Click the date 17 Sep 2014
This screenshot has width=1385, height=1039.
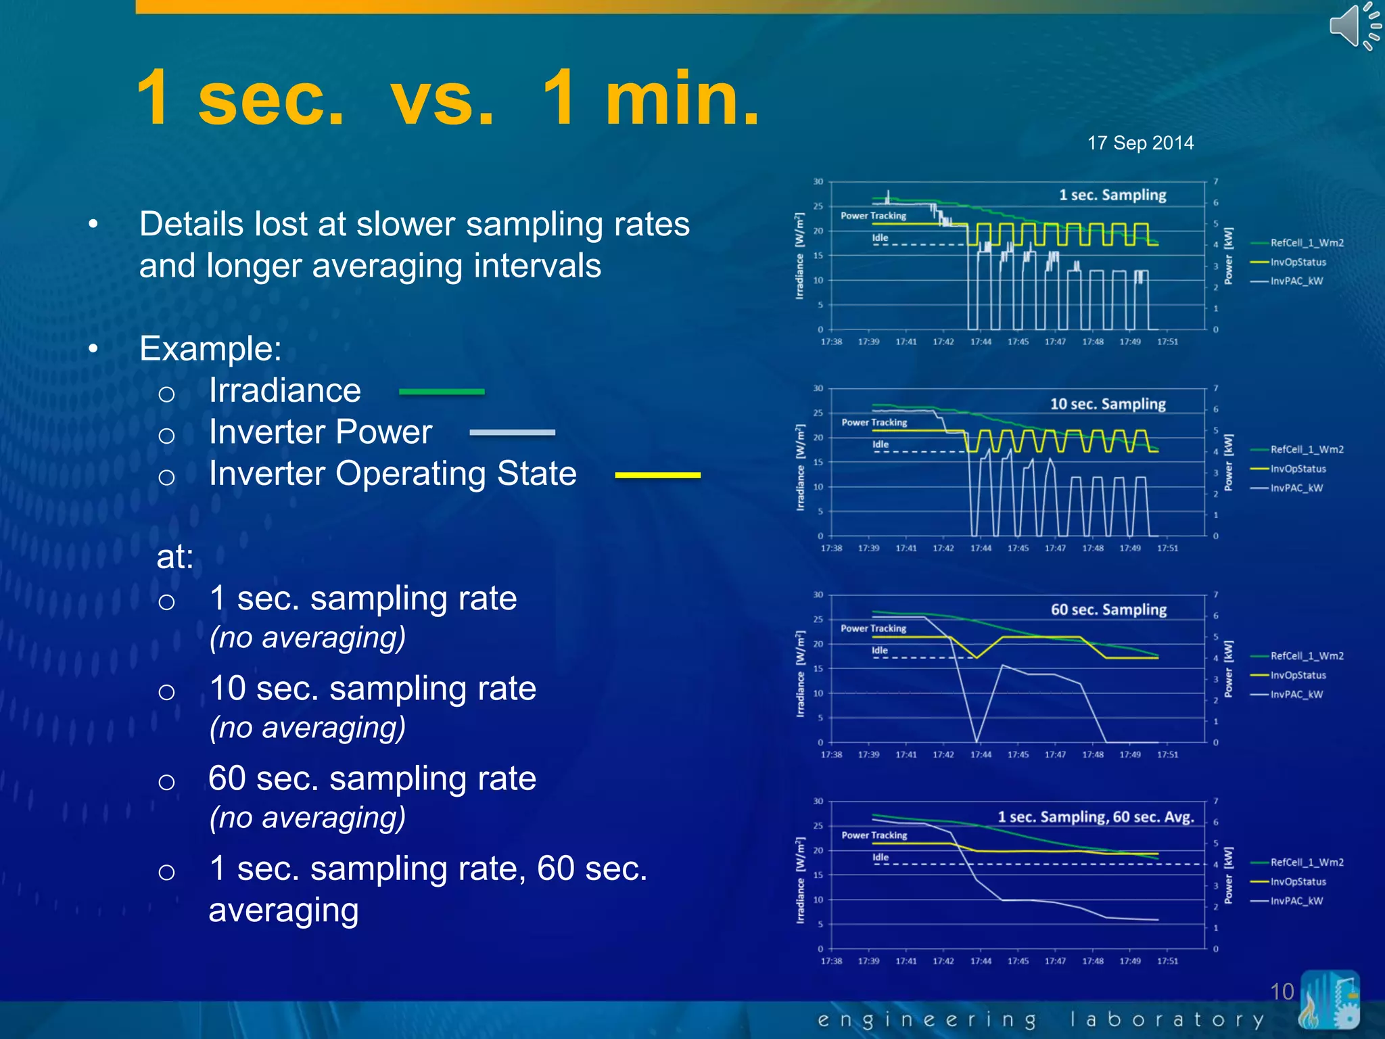click(x=1140, y=143)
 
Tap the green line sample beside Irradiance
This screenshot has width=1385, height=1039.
click(x=442, y=392)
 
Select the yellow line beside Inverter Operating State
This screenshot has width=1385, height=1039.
click(x=657, y=476)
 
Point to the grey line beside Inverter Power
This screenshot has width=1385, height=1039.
click(x=512, y=432)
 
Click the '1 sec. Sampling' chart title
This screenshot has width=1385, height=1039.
click(x=1112, y=195)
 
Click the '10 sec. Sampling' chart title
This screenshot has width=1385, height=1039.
click(x=1108, y=404)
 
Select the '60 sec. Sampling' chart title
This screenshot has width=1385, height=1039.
click(x=1108, y=609)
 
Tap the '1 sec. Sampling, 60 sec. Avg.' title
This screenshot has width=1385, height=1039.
click(x=1096, y=816)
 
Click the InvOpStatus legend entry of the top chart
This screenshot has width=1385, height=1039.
click(x=1297, y=262)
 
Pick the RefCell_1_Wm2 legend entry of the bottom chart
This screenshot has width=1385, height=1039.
click(x=1306, y=862)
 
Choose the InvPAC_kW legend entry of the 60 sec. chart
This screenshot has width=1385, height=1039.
click(x=1296, y=695)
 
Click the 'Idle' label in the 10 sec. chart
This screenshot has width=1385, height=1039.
click(x=880, y=444)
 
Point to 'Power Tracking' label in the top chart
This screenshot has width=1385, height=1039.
click(x=873, y=216)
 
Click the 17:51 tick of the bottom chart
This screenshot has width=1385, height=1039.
click(x=1167, y=961)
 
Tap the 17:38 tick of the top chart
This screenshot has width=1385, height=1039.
click(x=831, y=342)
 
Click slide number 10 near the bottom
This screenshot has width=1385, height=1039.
click(x=1282, y=992)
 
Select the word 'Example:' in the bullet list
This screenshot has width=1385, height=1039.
click(x=210, y=349)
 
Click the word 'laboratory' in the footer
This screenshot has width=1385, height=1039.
click(x=1166, y=1019)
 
